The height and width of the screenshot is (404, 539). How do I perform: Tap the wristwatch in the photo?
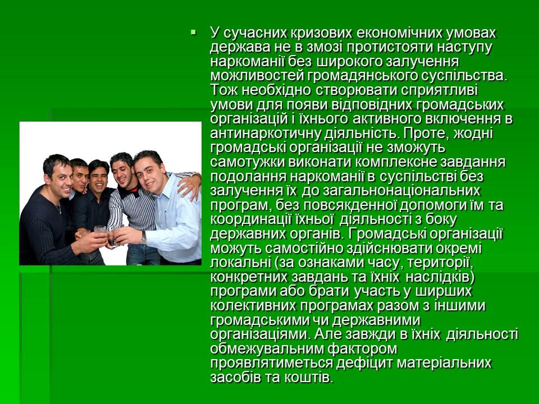coord(144,237)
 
